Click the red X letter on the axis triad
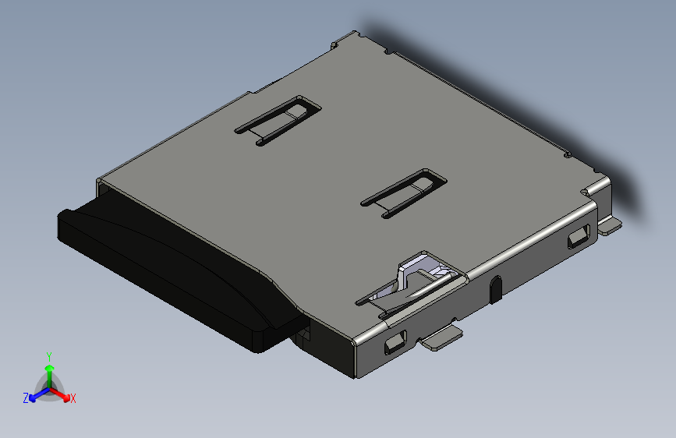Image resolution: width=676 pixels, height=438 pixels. [x=73, y=398]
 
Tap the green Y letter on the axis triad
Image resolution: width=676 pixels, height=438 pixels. [x=49, y=355]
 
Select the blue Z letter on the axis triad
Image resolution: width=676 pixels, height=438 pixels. [x=26, y=397]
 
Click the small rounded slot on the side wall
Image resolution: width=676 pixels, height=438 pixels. [x=495, y=288]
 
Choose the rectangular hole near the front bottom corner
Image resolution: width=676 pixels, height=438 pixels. [x=395, y=342]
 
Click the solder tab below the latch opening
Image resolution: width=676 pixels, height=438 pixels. [x=441, y=337]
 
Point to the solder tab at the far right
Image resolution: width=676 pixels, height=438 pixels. [x=610, y=225]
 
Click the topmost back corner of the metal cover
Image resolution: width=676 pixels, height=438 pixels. [x=357, y=33]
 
